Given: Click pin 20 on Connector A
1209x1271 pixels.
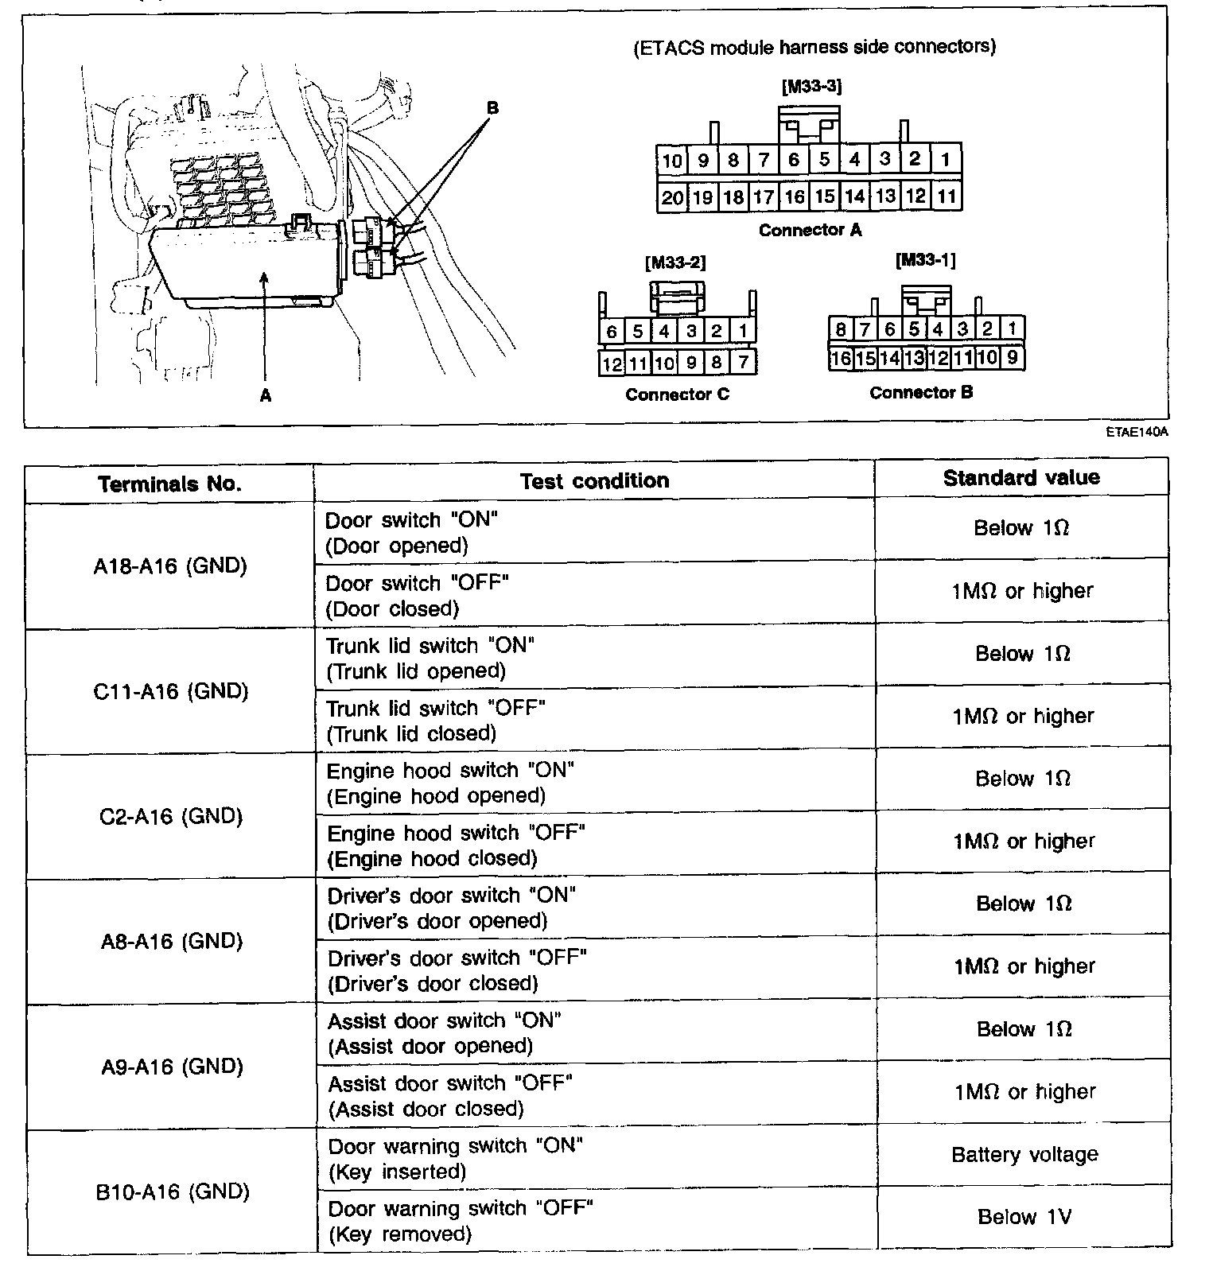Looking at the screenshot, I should click(x=672, y=196).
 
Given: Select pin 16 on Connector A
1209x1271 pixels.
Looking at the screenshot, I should click(x=794, y=196).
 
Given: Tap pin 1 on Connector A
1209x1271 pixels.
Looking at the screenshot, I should click(x=946, y=160).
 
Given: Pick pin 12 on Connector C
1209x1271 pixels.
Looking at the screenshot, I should click(x=612, y=363).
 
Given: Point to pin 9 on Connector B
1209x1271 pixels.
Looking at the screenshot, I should click(x=1012, y=358).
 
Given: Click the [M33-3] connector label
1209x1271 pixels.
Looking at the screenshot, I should click(x=811, y=86).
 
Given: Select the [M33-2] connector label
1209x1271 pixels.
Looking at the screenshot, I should click(x=675, y=262).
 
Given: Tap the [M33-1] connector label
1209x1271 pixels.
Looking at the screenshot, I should click(x=925, y=260).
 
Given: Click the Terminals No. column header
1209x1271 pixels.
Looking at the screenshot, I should click(x=169, y=484).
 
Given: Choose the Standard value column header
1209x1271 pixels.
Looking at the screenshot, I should click(x=1021, y=477).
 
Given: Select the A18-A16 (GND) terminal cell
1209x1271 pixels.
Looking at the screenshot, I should click(x=170, y=566).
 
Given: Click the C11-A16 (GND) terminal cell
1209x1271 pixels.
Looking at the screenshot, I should click(x=170, y=691).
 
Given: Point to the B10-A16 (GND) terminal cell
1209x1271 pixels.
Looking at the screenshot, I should click(x=172, y=1191).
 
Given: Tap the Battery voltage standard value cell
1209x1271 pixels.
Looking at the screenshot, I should click(x=1024, y=1154).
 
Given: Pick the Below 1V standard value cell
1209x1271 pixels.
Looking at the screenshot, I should click(x=1024, y=1217).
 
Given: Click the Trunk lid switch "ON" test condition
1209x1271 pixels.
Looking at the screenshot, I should click(x=430, y=658).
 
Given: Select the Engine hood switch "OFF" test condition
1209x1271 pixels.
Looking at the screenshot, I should click(x=456, y=845).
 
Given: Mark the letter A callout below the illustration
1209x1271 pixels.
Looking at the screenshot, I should click(x=266, y=395).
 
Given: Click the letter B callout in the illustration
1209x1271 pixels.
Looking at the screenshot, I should click(x=492, y=107).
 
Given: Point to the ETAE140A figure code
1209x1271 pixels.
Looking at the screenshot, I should click(x=1136, y=433).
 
